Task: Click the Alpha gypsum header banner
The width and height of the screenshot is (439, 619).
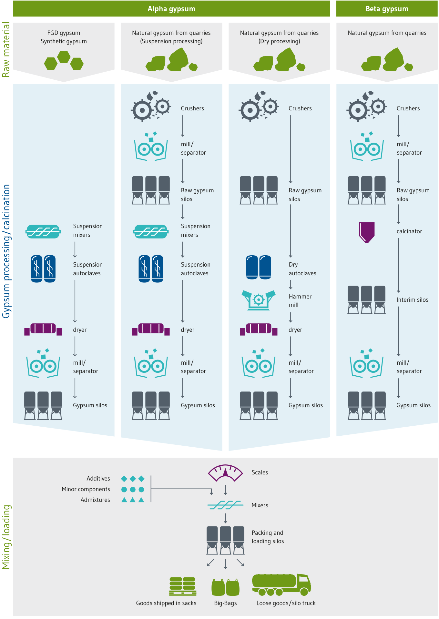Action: point(171,9)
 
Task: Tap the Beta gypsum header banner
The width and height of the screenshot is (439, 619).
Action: point(387,9)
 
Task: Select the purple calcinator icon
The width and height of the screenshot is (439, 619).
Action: point(367,232)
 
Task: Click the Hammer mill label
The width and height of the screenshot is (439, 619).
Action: point(300,300)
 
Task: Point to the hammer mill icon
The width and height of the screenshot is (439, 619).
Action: point(259,300)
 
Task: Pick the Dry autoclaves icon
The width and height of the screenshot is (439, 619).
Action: point(259,267)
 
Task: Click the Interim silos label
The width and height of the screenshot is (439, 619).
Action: point(412,300)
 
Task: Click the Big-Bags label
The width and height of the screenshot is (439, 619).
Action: point(225,603)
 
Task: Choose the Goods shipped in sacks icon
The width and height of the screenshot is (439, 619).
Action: point(183,586)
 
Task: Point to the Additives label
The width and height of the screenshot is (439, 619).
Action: point(98,479)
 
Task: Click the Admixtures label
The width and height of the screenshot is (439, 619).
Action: point(95,500)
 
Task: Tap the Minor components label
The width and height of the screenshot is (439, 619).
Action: point(86,489)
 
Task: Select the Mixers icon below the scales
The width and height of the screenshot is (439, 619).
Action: point(225,505)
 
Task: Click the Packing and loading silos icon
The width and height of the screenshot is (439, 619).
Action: point(225,540)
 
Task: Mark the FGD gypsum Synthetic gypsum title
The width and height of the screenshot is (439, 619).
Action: point(64,37)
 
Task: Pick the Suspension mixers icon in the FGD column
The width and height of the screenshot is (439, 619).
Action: point(43,231)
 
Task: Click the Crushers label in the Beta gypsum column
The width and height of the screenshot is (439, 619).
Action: point(408,108)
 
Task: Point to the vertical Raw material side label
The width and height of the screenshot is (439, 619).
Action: point(6,49)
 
